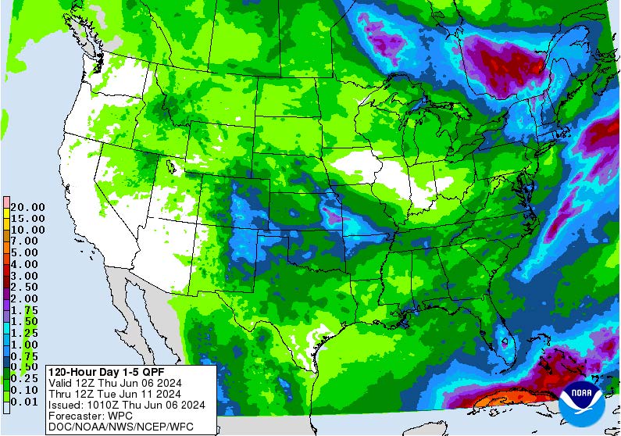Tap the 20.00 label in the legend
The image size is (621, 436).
point(27,207)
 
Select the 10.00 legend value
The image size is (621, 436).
point(27,230)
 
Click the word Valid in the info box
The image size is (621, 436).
point(62,383)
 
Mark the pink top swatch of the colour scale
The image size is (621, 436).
point(6,202)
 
